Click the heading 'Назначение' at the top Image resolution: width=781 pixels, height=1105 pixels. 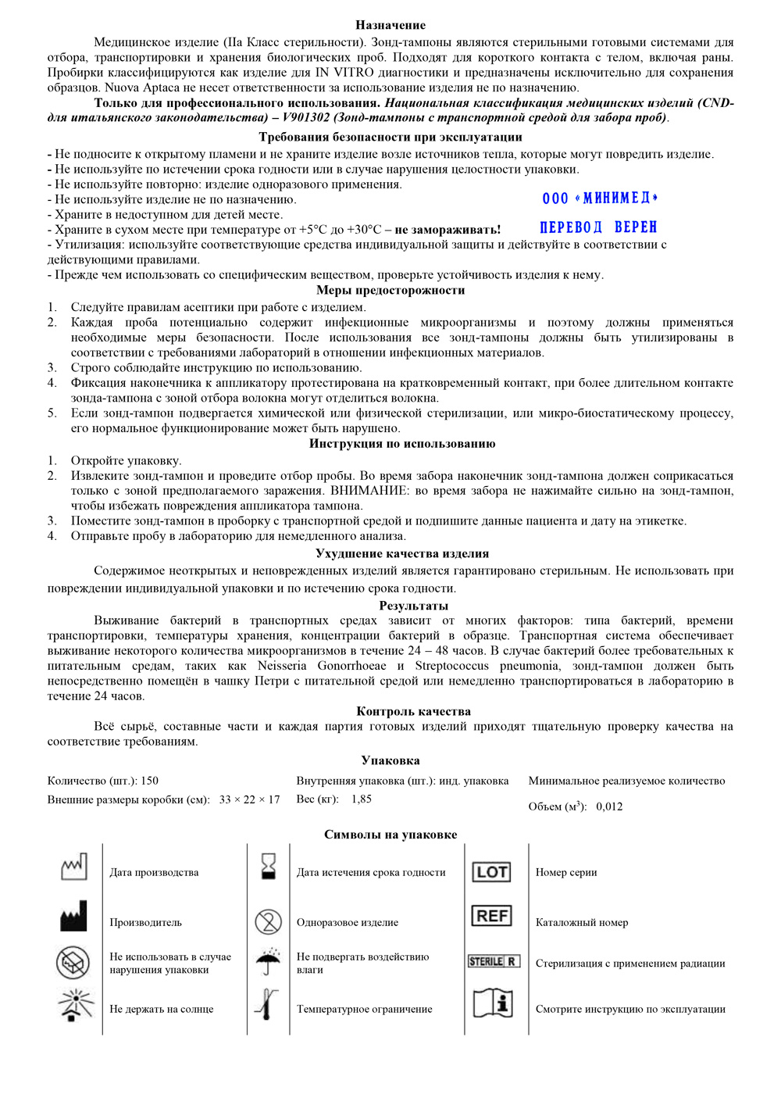click(x=390, y=25)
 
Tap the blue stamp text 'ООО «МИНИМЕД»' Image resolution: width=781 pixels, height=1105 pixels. click(x=600, y=198)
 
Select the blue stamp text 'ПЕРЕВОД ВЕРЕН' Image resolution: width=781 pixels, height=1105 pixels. click(x=598, y=227)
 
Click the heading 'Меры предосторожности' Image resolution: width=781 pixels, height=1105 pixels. click(x=390, y=290)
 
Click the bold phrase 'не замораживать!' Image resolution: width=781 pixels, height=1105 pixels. click(x=448, y=230)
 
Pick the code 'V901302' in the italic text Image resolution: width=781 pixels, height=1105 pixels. click(x=306, y=118)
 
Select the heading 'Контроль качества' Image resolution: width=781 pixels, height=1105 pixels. click(x=413, y=711)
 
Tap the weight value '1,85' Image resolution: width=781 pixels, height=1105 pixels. click(x=362, y=799)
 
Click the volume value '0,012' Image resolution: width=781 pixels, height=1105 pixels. click(x=609, y=806)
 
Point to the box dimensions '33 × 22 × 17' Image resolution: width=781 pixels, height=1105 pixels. click(x=249, y=799)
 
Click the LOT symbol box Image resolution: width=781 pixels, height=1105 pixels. click(x=492, y=872)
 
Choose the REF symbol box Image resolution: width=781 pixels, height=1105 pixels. click(x=492, y=916)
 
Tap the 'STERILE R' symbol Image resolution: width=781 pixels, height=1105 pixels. click(x=494, y=961)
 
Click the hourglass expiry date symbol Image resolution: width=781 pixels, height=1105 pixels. click(x=269, y=867)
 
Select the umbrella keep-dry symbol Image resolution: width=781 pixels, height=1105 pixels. click(x=269, y=960)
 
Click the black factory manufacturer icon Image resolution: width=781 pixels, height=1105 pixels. click(x=74, y=917)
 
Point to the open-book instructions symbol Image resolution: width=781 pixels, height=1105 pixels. click(x=494, y=1003)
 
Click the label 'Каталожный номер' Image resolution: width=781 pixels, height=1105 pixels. click(x=582, y=922)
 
